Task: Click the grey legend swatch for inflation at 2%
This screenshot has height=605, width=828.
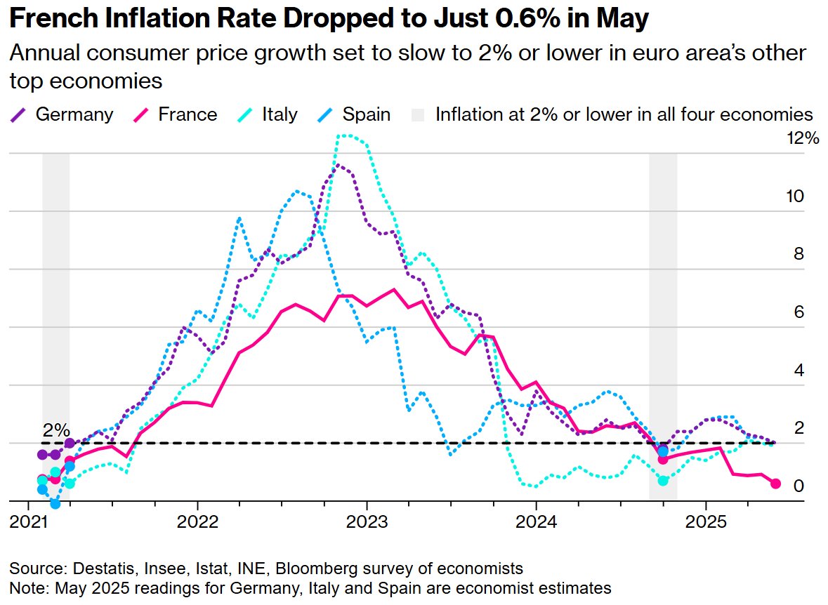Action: coord(419,114)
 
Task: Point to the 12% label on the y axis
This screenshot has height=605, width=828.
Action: coord(802,138)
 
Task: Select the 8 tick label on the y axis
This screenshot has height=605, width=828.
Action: coord(798,254)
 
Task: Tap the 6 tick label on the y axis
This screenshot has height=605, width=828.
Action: coord(798,312)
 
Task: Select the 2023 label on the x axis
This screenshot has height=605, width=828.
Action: coord(367,523)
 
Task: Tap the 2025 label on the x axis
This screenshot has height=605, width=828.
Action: coord(705,523)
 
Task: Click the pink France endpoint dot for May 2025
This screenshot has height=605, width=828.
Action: coord(775,484)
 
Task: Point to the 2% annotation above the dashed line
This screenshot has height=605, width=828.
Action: coord(56,430)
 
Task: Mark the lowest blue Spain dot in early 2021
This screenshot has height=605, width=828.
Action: coord(55,504)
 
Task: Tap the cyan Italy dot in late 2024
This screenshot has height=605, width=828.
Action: coord(663,480)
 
